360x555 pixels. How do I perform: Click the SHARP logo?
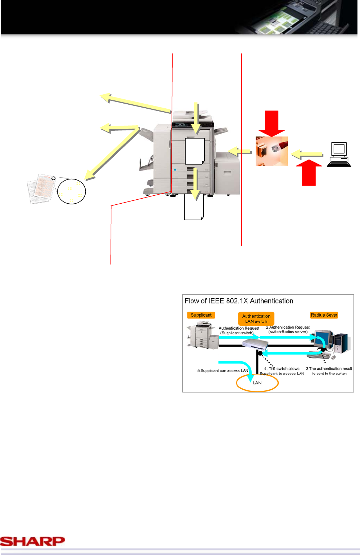click(x=32, y=541)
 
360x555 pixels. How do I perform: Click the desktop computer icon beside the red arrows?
click(x=339, y=154)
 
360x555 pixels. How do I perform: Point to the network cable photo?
click(x=272, y=151)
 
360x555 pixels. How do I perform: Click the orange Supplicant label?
click(x=201, y=315)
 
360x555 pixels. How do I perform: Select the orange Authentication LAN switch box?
click(x=256, y=318)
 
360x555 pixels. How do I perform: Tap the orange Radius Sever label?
click(x=324, y=315)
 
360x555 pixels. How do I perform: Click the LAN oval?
click(x=257, y=383)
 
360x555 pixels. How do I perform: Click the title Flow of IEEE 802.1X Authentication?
click(x=239, y=301)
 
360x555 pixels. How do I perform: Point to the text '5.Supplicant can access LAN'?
click(x=223, y=370)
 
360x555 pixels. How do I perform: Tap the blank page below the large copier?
click(x=194, y=207)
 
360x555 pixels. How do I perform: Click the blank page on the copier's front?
click(x=195, y=151)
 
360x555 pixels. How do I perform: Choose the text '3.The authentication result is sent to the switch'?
click(x=329, y=371)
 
